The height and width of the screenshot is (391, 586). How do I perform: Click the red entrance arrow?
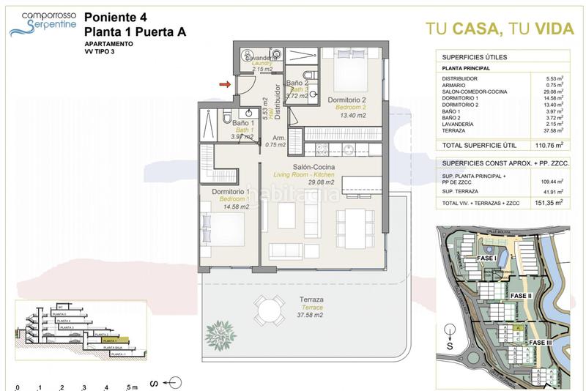coord(225,86)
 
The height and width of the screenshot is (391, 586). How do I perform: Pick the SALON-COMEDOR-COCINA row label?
coord(474,92)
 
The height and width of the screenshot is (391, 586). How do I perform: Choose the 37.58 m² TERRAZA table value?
coord(552,131)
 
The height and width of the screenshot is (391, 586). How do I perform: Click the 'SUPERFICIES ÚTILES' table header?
coord(475,57)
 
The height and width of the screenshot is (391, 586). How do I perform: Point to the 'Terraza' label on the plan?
coord(311,299)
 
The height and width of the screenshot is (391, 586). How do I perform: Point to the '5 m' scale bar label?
coord(132,387)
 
